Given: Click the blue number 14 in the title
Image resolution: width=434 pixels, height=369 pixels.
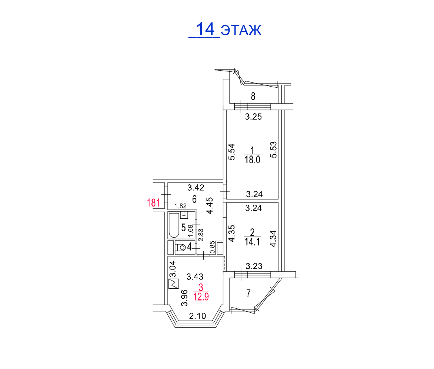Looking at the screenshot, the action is point(205,29).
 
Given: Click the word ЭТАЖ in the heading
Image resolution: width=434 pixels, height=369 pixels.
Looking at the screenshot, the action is point(241,30).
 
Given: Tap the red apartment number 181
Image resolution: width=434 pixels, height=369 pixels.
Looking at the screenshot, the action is point(154,203).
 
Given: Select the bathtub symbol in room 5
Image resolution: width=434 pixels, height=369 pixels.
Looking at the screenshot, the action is point(174,225).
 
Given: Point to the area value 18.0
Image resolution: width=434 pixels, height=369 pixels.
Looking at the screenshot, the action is point(252,160).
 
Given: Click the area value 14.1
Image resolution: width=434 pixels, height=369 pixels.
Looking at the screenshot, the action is point(252,242).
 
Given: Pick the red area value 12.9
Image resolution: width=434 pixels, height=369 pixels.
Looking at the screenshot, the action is point(201,296).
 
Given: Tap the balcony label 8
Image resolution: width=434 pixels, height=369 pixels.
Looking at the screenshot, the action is point(253,96).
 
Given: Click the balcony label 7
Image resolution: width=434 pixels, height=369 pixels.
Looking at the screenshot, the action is point(248,293).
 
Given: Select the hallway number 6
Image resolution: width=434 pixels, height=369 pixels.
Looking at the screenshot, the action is point(194,199).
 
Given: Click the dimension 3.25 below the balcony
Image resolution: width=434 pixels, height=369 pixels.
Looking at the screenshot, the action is point(253,117).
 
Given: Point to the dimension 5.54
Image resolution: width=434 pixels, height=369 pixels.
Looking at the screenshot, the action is point(231,152).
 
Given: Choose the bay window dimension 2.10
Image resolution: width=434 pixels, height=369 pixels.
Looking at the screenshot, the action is point(197,316).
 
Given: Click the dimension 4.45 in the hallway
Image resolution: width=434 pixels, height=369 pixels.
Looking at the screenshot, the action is point(210,205).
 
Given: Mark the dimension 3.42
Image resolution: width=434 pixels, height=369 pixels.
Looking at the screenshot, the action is point(196,188).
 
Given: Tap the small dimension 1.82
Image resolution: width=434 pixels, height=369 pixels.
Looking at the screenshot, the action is point(180,206).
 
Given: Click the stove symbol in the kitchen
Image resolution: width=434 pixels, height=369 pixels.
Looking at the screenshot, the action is point(174,284).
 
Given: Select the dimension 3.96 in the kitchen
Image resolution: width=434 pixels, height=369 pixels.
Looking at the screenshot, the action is point(184,298).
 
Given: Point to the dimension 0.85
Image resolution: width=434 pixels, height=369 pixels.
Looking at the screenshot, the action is point(212,247).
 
